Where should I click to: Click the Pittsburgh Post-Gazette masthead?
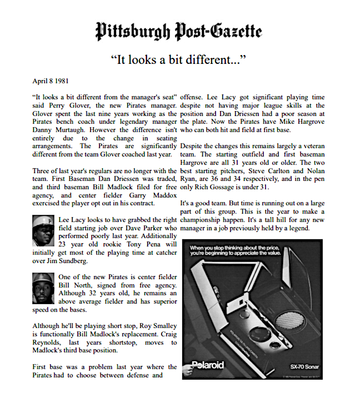pyautogui.click(x=179, y=32)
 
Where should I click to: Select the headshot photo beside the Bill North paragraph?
pyautogui.click(x=44, y=288)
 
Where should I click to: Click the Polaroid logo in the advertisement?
pyautogui.click(x=207, y=365)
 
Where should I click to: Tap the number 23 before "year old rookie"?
pyautogui.click(x=63, y=244)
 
